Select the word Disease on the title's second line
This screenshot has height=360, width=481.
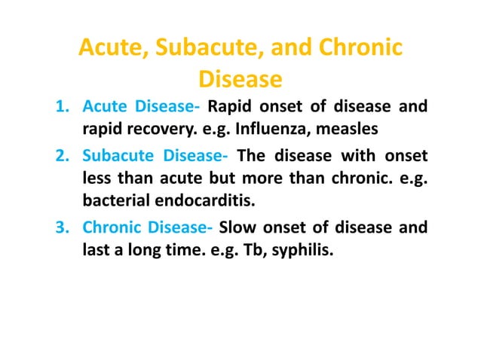tap(240, 79)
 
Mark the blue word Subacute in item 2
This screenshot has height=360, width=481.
tap(114, 157)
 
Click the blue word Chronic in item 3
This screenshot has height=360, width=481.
tap(111, 228)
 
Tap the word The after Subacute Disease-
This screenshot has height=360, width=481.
tap(253, 157)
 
